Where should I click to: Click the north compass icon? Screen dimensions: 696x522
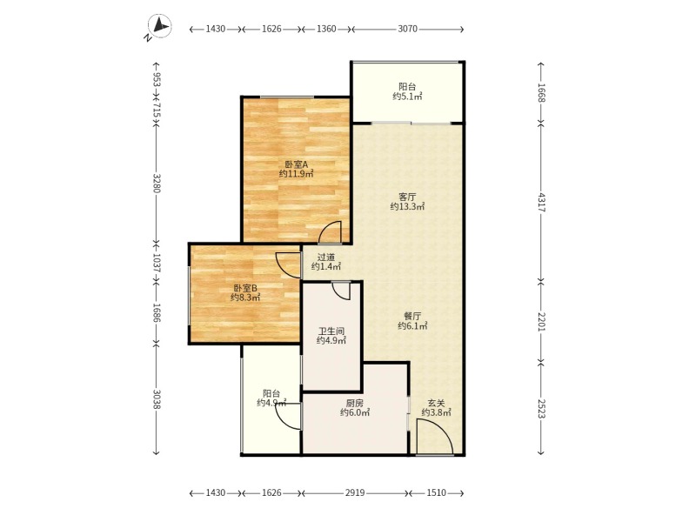click(x=159, y=27)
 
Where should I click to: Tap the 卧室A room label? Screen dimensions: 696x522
click(x=296, y=164)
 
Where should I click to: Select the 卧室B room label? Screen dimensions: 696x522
click(x=245, y=288)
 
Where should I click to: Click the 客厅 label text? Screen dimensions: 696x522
click(x=407, y=197)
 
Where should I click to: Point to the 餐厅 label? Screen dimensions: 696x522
click(x=412, y=317)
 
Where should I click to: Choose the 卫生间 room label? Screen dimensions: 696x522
click(x=331, y=331)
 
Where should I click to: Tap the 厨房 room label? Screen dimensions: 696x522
click(x=355, y=404)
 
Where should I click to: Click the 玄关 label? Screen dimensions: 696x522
click(x=436, y=404)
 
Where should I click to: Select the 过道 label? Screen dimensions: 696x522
click(x=325, y=257)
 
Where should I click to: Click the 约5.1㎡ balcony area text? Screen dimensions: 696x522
click(x=407, y=97)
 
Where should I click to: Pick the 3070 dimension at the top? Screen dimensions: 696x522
click(x=407, y=29)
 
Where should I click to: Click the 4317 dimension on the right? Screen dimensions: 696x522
click(x=541, y=202)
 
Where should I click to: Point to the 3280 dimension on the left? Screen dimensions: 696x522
click(x=157, y=183)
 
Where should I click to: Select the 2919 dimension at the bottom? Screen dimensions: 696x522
click(x=355, y=492)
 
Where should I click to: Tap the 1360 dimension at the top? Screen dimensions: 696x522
click(x=326, y=29)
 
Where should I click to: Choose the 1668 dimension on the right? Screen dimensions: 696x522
click(x=541, y=93)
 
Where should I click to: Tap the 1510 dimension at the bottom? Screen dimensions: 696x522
click(x=437, y=492)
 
